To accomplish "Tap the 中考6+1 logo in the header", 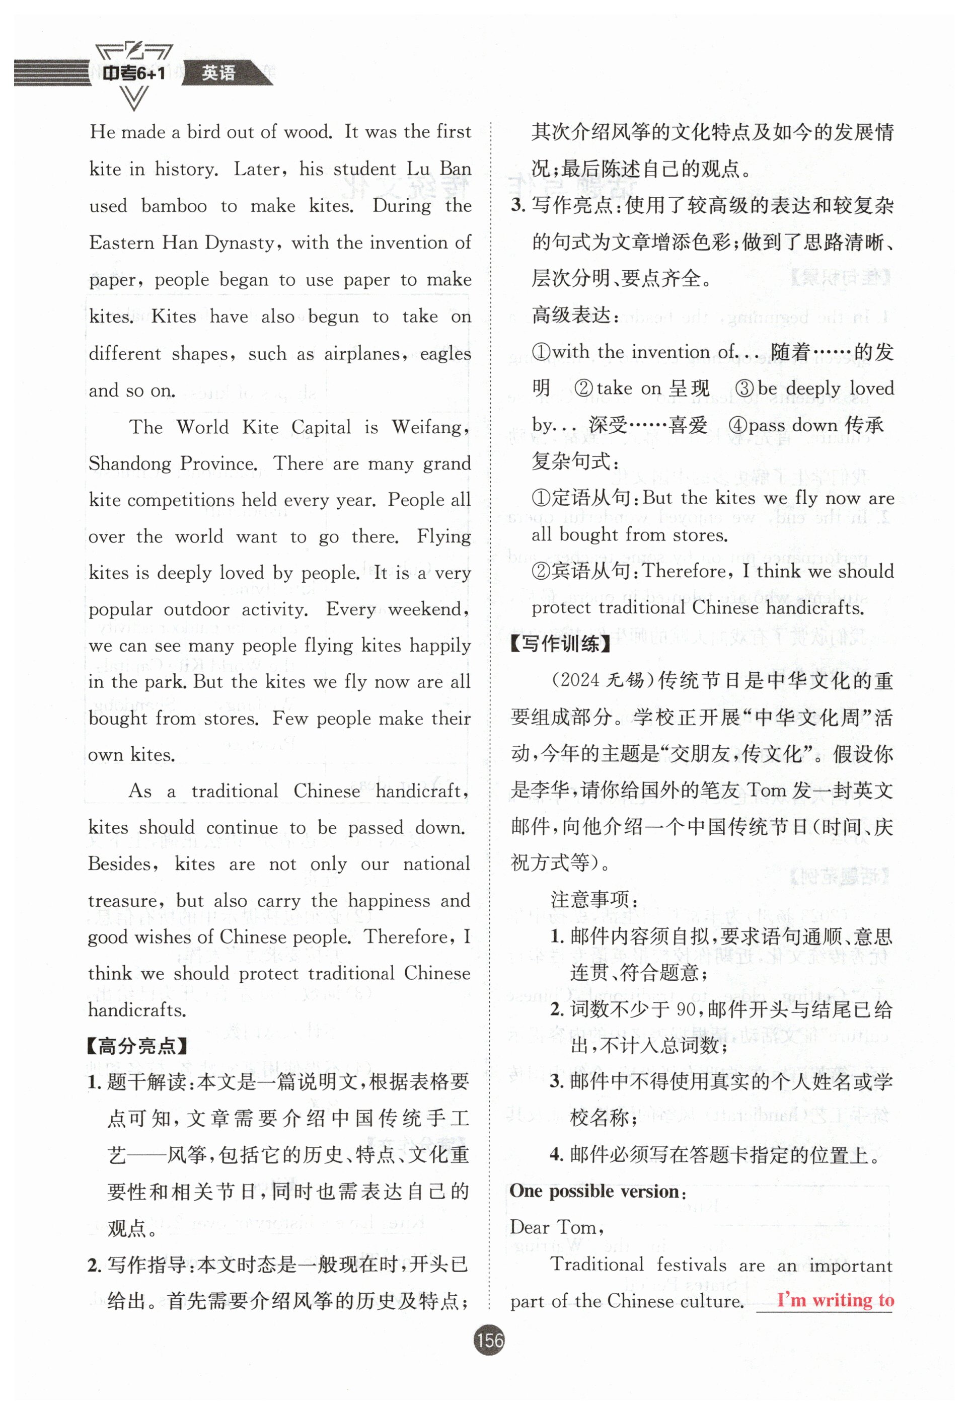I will pos(133,73).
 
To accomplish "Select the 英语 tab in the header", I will pos(218,73).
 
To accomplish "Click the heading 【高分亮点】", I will pos(137,1046).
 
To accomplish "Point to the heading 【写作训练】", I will pos(561,644).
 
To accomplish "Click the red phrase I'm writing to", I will pos(835,1300).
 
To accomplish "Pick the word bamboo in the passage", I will pos(174,206).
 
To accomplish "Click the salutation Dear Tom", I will pos(556,1227).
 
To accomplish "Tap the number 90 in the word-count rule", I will pos(686,1009).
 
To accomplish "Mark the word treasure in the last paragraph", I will pos(123,901).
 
